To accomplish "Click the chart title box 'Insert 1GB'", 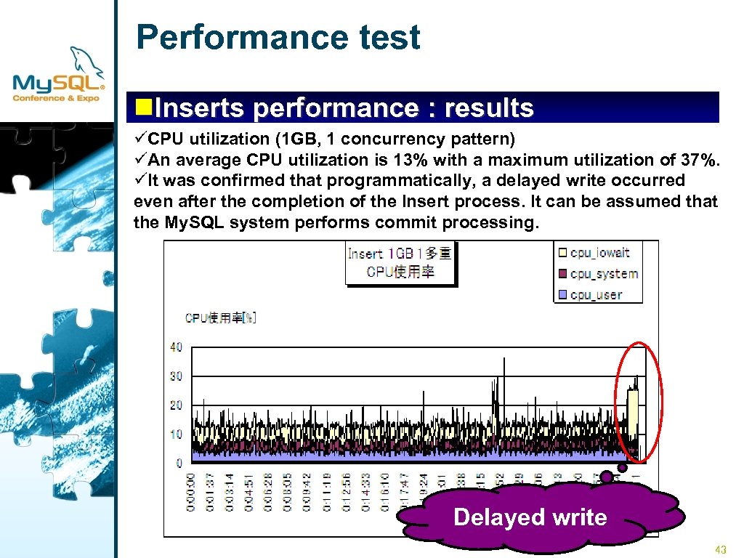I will click(400, 262).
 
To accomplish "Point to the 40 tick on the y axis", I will click(176, 347).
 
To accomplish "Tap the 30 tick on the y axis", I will click(176, 376).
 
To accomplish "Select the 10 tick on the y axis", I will click(176, 434).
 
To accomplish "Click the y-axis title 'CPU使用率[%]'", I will click(220, 318).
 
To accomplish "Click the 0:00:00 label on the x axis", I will click(191, 492).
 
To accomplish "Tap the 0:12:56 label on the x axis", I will click(346, 492).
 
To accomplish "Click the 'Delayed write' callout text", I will click(530, 517).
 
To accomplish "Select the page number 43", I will click(721, 550).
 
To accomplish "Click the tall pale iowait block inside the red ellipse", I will click(633, 414).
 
